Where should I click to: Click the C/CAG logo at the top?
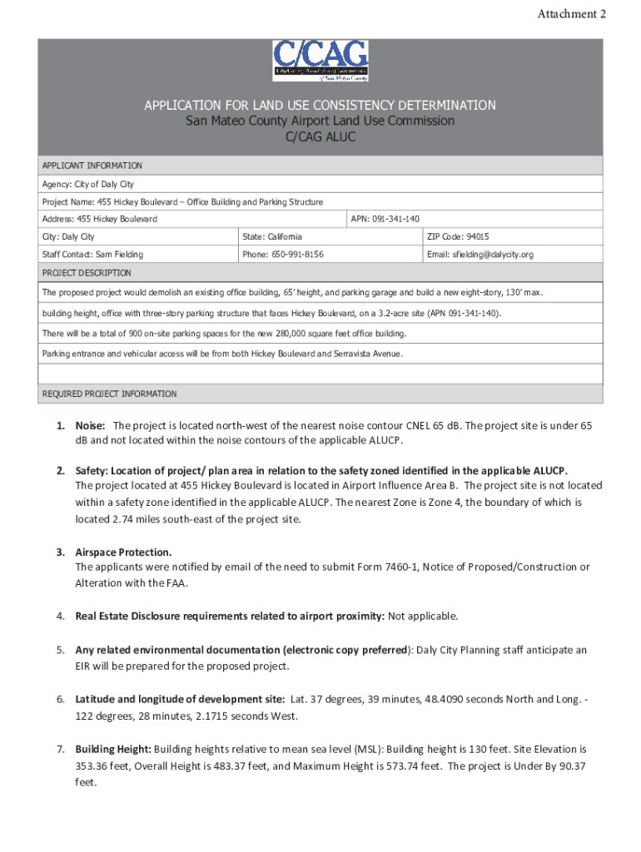click(320, 61)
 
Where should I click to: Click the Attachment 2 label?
click(578, 14)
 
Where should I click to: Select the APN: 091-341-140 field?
click(385, 219)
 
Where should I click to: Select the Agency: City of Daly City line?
click(88, 184)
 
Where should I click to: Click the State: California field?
click(272, 236)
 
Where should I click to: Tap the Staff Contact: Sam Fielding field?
click(92, 255)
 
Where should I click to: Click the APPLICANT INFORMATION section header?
click(92, 166)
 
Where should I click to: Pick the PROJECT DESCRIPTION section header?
click(87, 273)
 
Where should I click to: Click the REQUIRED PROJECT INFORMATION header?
click(109, 394)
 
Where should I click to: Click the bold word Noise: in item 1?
click(90, 425)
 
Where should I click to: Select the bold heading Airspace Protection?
click(123, 552)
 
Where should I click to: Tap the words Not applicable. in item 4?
click(423, 616)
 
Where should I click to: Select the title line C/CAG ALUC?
click(320, 136)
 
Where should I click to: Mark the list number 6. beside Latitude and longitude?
click(61, 699)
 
